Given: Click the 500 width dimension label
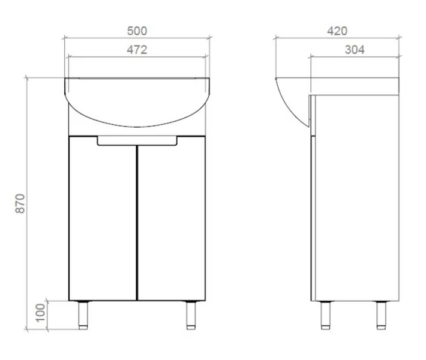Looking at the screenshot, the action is [137, 31].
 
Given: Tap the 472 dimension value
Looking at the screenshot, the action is [137, 49].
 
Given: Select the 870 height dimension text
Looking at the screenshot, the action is [20, 203].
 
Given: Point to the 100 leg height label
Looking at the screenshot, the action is [40, 313].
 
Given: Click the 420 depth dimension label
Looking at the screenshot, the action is [337, 31].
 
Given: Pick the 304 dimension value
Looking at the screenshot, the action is [355, 49].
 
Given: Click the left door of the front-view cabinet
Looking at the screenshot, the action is [103, 218].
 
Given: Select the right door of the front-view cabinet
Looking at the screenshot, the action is [172, 218].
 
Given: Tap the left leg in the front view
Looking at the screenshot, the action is [83, 315].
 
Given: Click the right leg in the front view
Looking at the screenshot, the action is [191, 315].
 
